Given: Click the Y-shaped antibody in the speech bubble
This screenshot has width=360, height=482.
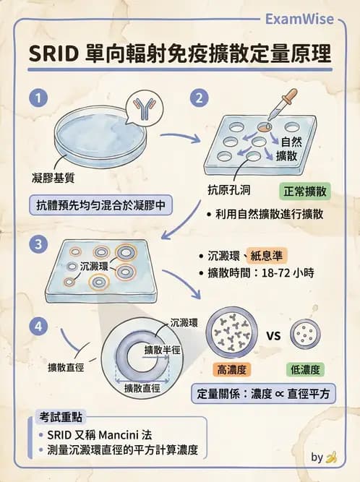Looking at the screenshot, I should [x=147, y=109].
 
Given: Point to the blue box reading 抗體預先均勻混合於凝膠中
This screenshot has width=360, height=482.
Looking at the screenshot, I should [x=100, y=205].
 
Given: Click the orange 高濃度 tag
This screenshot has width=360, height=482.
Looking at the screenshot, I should [x=232, y=369].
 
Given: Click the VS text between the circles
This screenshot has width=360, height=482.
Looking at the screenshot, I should [x=274, y=335].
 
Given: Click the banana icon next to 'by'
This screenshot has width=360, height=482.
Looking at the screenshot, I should [x=332, y=457].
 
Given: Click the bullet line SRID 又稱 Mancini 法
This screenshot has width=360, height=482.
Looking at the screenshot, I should [x=102, y=436].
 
